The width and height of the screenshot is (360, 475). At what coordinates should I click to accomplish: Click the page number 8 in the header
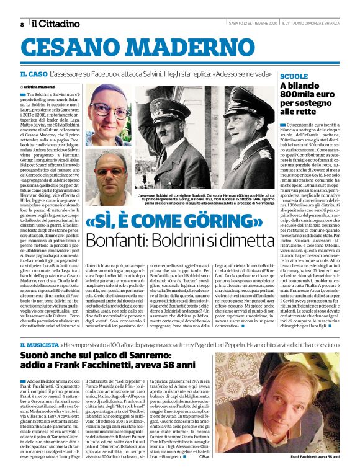21,24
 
